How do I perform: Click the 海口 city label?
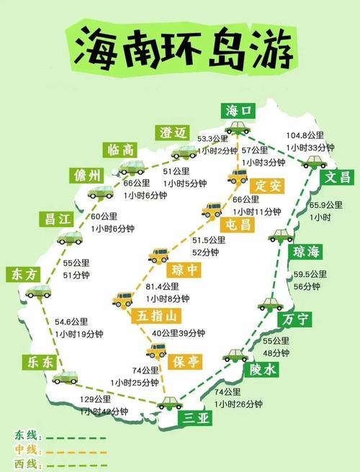tap(239, 111)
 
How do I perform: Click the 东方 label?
tap(26, 273)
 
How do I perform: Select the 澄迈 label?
tap(173, 132)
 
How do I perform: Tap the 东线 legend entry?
tap(24, 435)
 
